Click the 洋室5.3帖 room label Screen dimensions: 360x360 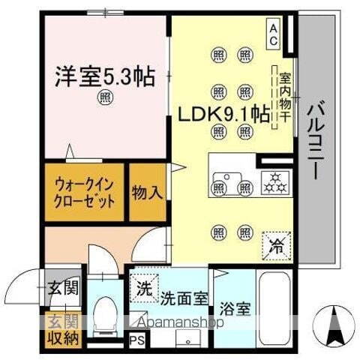[x=103, y=76]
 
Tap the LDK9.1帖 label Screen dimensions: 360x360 [x=224, y=114]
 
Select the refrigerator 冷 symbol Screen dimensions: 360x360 [x=275, y=243]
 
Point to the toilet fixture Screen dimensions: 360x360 [x=106, y=313]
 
